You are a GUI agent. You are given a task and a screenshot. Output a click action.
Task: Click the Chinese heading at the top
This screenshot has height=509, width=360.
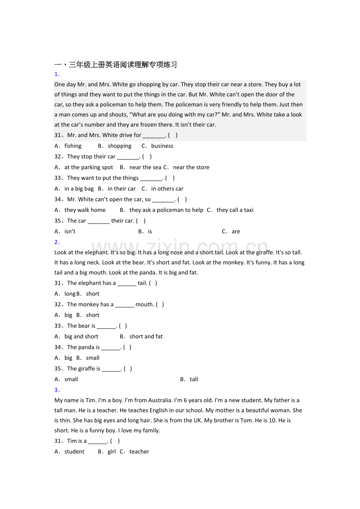pyautogui.click(x=115, y=65)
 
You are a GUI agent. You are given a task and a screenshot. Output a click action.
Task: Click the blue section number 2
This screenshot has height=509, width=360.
pyautogui.click(x=57, y=242)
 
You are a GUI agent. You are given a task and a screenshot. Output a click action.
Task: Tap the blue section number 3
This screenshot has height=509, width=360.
pyautogui.click(x=57, y=390)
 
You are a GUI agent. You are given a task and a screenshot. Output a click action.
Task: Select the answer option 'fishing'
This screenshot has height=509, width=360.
pyautogui.click(x=73, y=146)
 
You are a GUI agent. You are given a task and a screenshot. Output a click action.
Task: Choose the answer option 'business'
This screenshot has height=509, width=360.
pyautogui.click(x=162, y=146)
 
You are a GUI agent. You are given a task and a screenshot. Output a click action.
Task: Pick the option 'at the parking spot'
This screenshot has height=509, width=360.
pyautogui.click(x=88, y=167)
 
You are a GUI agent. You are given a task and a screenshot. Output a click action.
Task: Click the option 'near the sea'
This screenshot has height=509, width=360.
pyautogui.click(x=145, y=167)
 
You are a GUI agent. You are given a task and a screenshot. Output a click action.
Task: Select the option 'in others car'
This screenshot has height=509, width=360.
pyautogui.click(x=167, y=188)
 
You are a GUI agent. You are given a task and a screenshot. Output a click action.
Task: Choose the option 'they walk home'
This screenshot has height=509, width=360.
pyautogui.click(x=85, y=210)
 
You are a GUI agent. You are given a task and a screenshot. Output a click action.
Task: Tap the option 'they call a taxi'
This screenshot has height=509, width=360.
pyautogui.click(x=235, y=210)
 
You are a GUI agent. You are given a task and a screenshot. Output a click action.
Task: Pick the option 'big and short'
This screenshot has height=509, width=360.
pyautogui.click(x=81, y=336)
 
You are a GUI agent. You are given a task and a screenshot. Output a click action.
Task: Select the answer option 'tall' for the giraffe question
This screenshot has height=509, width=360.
pyautogui.click(x=194, y=379)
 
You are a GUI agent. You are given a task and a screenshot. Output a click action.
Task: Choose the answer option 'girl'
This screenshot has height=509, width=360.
pyautogui.click(x=112, y=452)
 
